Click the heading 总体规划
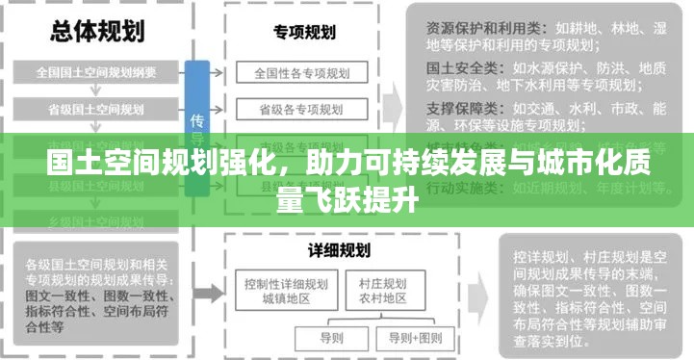pos(96,30)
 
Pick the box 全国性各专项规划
pos(303,72)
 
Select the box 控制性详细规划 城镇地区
pos(286,292)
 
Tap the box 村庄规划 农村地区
pos(382,292)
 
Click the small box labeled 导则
pos(331,338)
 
